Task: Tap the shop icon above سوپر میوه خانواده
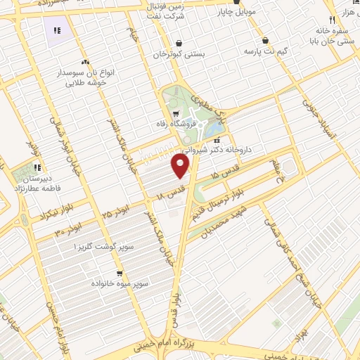tap(120, 273)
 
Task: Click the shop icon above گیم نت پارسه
tap(266, 40)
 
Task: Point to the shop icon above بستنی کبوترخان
tap(179, 43)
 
